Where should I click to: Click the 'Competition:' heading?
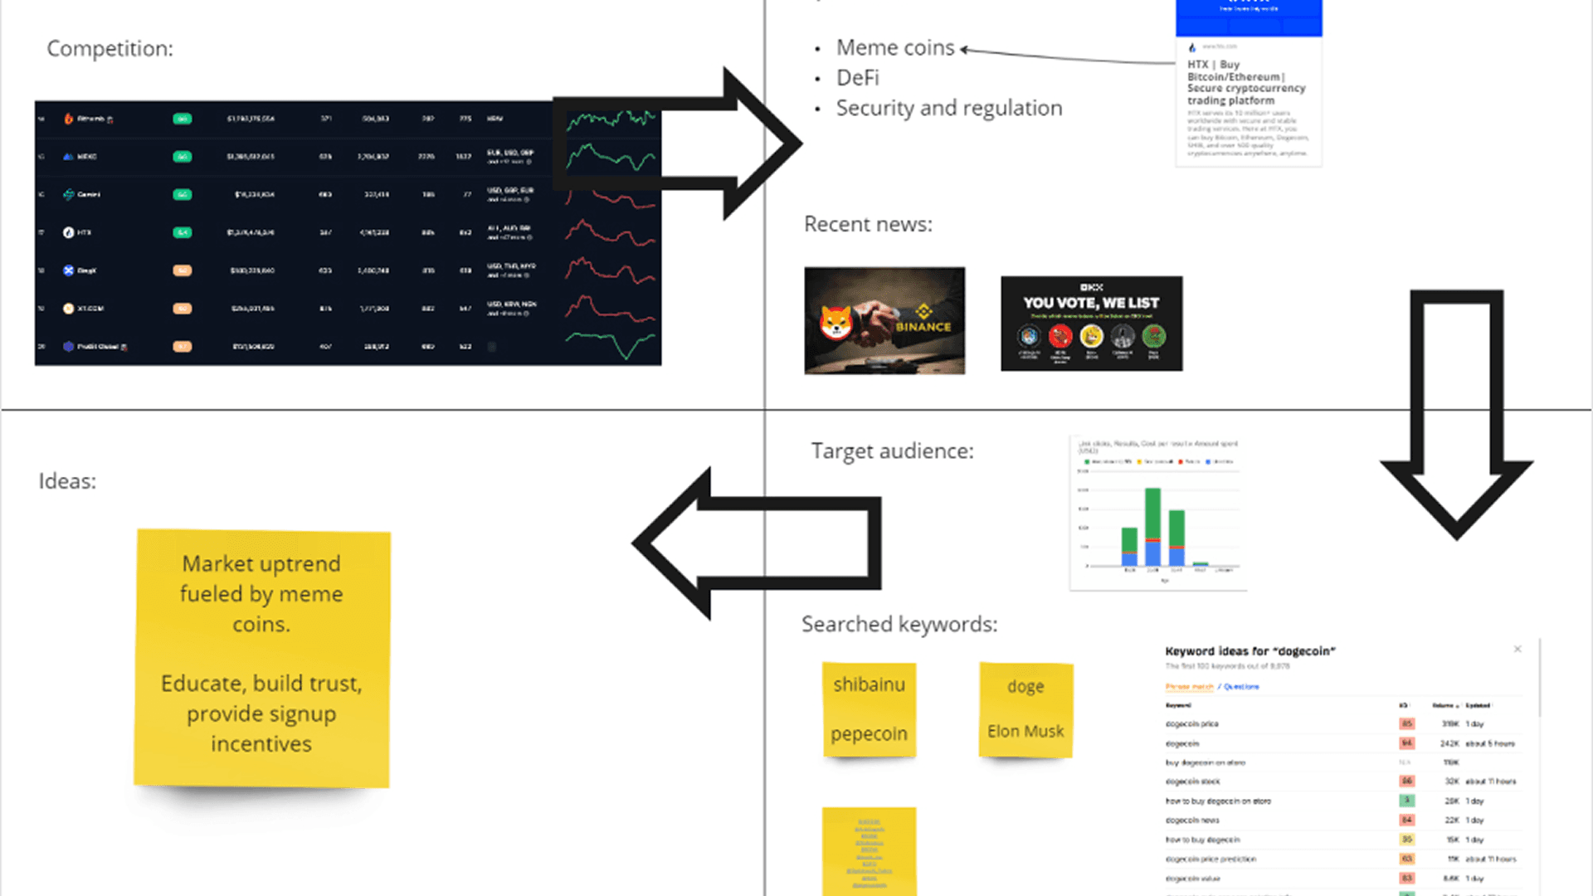(110, 49)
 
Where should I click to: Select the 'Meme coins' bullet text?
(895, 48)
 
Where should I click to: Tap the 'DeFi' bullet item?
(857, 78)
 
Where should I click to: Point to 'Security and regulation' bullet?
(948, 108)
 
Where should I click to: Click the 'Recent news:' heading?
(868, 224)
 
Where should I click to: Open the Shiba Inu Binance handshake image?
(884, 320)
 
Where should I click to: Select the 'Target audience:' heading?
(892, 450)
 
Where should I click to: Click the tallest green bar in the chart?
(1152, 514)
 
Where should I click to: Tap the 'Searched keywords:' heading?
(899, 624)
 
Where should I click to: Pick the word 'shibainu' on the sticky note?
(869, 684)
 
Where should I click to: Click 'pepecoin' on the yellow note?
(869, 734)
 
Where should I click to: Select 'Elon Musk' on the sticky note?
(1025, 731)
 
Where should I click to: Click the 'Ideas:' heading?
(67, 481)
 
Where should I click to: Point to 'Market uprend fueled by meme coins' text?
(261, 594)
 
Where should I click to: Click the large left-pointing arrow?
(755, 543)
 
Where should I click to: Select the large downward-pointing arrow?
(1456, 415)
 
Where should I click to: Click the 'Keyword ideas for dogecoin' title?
(1250, 651)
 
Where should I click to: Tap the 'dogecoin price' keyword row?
(1192, 724)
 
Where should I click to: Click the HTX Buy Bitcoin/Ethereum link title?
(1245, 82)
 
